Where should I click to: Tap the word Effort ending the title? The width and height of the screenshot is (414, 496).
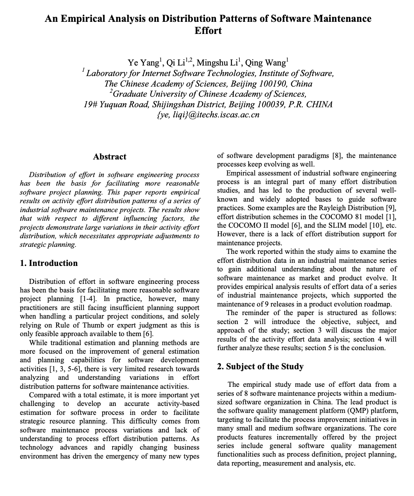tap(208, 31)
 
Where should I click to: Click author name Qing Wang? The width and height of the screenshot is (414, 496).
tap(267, 63)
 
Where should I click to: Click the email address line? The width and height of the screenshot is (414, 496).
tap(208, 115)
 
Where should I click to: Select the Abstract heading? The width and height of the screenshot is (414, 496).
tap(110, 157)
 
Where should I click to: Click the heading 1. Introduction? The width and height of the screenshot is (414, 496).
tap(49, 263)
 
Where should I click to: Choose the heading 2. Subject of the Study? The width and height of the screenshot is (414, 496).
tap(260, 367)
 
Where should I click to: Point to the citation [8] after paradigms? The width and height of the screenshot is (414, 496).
tap(337, 156)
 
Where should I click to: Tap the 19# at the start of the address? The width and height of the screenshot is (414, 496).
tap(90, 105)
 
